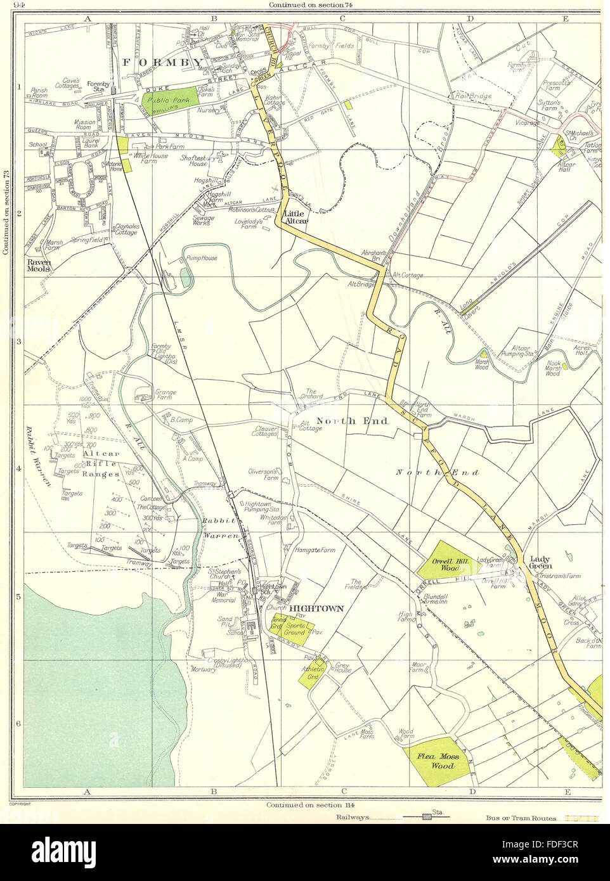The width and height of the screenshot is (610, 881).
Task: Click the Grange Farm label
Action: (x=162, y=396)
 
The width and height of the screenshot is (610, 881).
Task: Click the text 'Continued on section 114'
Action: (x=305, y=805)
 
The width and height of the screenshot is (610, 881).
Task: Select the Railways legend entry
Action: (x=347, y=818)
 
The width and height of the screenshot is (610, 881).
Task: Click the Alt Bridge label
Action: (x=360, y=285)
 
